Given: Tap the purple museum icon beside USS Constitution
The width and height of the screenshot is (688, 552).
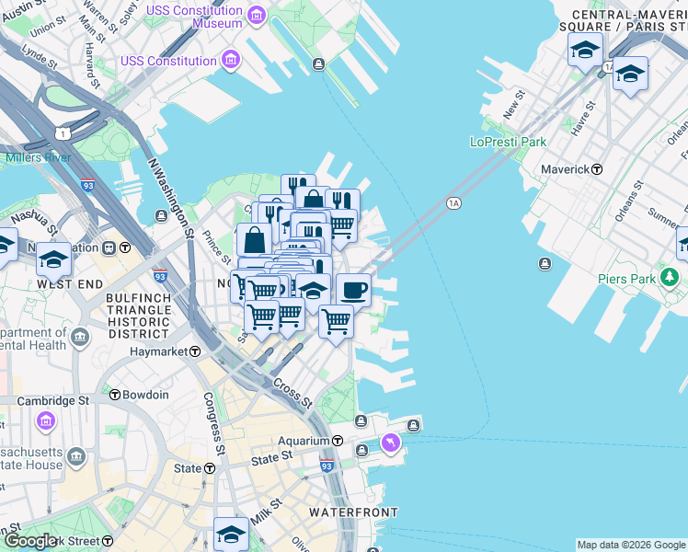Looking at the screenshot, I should pos(230,62).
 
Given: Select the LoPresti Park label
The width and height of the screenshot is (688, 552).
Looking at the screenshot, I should pos(508,142).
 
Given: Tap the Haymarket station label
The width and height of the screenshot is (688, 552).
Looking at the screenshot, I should pos(166,351).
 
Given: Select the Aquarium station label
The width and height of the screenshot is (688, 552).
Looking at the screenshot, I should pos(311,442).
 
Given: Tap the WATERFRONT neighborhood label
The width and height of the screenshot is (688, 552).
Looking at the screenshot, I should pos(353,512).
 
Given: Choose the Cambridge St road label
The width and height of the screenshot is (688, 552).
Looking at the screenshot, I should pos(45,401).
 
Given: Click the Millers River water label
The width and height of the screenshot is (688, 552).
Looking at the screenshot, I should pos(38,157).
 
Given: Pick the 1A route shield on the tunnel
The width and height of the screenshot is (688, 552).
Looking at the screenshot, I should pos(453,202).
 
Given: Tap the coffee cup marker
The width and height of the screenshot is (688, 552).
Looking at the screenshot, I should pos(353,291).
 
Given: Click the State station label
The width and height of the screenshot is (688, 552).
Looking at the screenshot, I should pos(188,468).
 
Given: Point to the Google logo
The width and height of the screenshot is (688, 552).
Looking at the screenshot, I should pos(29,541).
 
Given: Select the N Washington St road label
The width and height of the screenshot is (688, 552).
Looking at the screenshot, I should pos(169,197).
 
